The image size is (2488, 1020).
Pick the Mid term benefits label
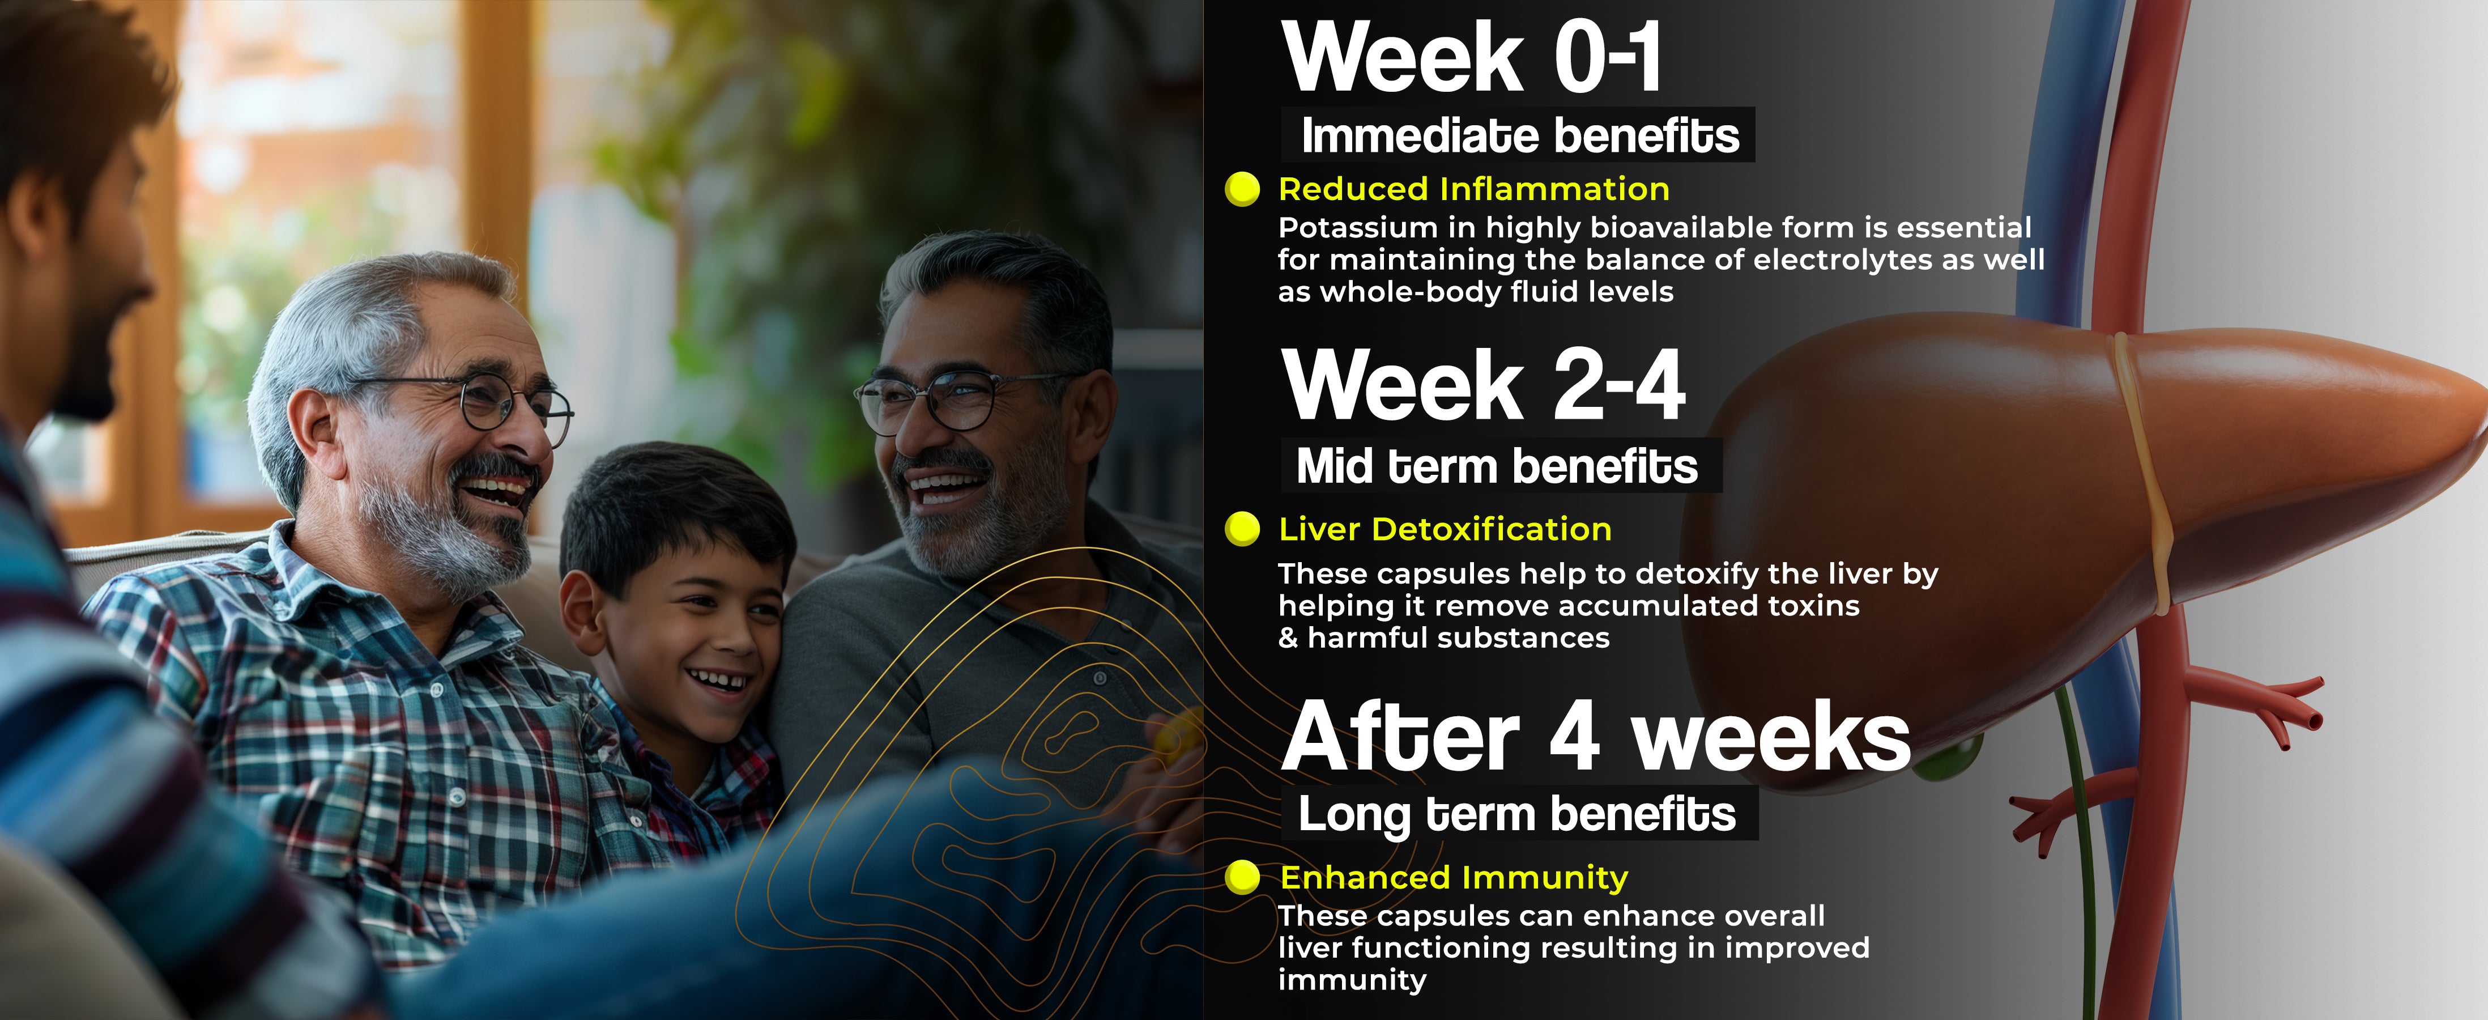tap(1497, 466)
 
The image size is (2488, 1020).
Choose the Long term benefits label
tap(1516, 814)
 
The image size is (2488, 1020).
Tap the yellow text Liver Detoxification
tap(1445, 529)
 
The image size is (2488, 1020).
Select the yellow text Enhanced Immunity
tap(1454, 877)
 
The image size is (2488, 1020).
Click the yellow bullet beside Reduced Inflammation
tap(1242, 189)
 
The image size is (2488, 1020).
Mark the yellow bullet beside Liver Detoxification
tap(1242, 529)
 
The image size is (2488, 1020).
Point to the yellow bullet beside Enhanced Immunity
tap(1242, 877)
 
